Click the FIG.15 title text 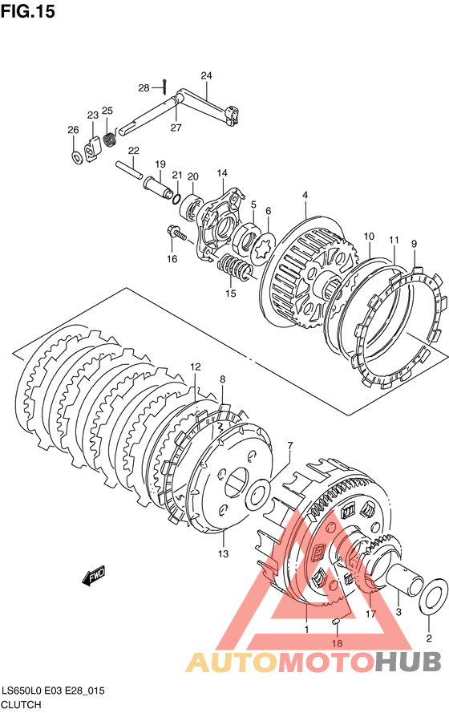click(x=28, y=11)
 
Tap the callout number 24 click(x=206, y=75)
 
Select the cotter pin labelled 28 click(x=166, y=85)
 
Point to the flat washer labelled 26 click(x=77, y=157)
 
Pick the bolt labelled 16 click(x=176, y=233)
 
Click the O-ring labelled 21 click(x=176, y=198)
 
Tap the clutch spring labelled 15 click(x=234, y=269)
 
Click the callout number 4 click(x=305, y=196)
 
